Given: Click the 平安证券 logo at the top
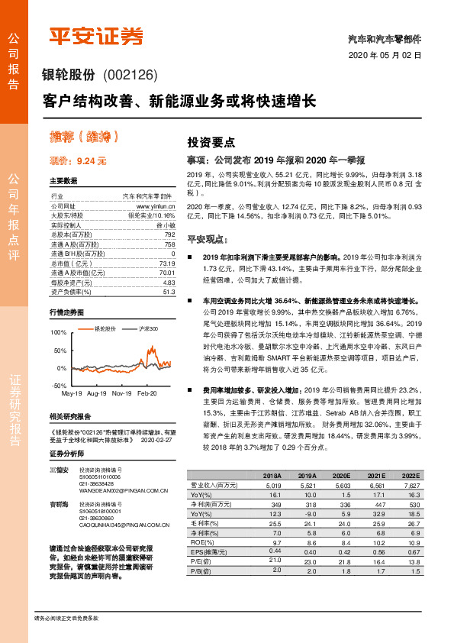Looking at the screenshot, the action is coord(96,36).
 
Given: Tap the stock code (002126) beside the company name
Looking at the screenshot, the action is coord(128,75).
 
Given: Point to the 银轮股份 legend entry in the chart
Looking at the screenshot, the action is coord(103,328).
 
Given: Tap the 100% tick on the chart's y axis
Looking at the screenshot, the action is coord(58,334).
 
